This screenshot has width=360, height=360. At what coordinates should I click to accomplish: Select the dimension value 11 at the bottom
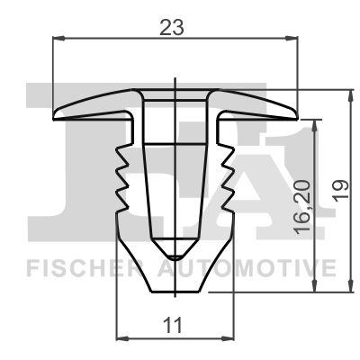pyautogui.click(x=176, y=324)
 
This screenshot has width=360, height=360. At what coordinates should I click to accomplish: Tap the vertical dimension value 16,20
pyautogui.click(x=304, y=205)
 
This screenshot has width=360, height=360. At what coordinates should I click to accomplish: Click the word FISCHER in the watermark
pyautogui.click(x=73, y=267)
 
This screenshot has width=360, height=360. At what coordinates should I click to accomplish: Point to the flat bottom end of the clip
pyautogui.click(x=176, y=291)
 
